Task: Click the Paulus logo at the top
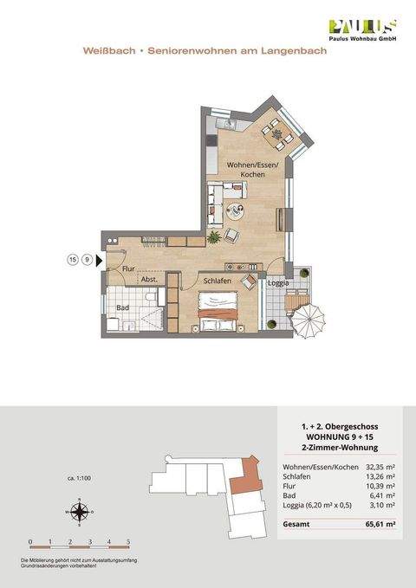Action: pyautogui.click(x=361, y=30)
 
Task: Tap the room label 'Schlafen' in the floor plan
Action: pyautogui.click(x=218, y=281)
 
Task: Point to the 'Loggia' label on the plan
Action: pyautogui.click(x=277, y=283)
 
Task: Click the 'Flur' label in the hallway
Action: pyautogui.click(x=128, y=269)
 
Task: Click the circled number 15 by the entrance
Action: pyautogui.click(x=73, y=258)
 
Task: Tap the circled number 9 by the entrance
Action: pyautogui.click(x=88, y=258)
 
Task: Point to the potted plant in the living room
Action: pyautogui.click(x=213, y=236)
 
